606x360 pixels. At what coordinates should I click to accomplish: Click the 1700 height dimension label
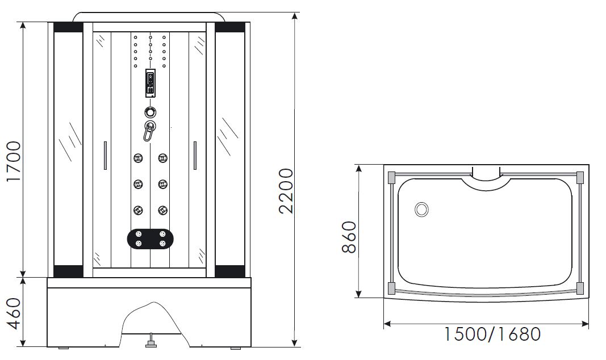tap(14, 161)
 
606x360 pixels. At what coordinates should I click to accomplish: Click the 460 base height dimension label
tap(14, 313)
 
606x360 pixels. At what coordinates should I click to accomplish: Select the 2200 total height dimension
tap(286, 191)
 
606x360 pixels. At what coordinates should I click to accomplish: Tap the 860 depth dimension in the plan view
tap(349, 237)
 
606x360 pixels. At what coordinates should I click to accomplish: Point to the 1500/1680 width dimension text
tap(492, 334)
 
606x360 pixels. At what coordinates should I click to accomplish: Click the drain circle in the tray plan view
tap(421, 210)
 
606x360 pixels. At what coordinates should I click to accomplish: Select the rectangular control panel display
tap(151, 83)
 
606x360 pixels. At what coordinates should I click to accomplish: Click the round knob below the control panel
tap(150, 112)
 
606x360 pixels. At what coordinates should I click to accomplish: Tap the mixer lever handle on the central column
tap(149, 131)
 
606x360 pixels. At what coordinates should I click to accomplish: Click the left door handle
tap(105, 155)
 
